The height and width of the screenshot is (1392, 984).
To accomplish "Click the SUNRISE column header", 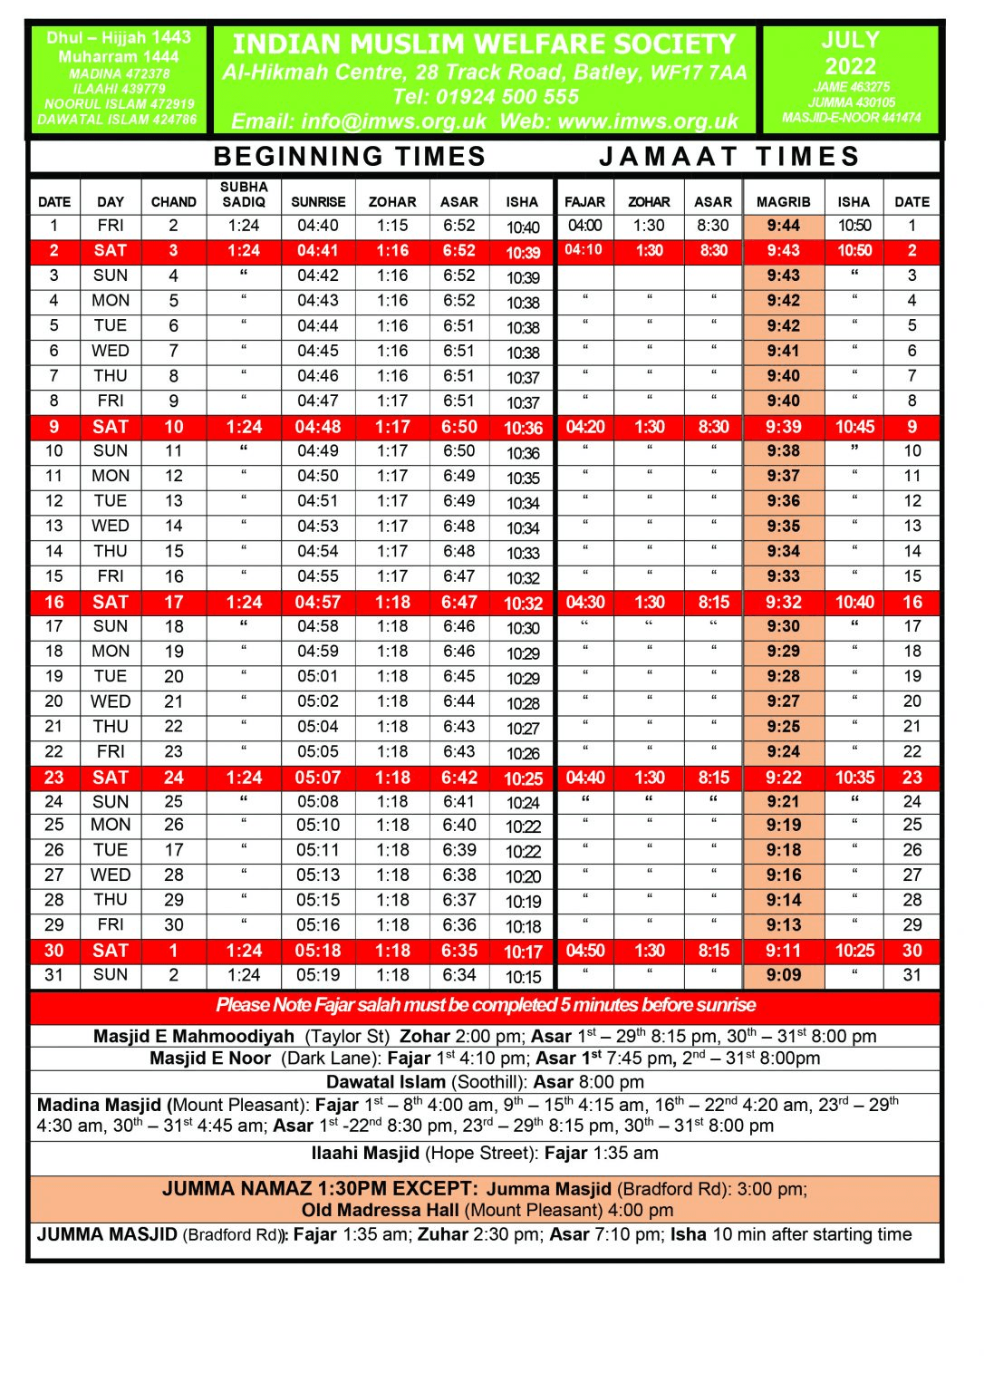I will (318, 202).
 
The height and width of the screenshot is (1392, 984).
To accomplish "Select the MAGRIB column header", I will (783, 202).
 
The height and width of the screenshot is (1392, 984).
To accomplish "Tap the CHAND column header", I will (173, 202).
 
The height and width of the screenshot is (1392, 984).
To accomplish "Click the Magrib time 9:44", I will (783, 226).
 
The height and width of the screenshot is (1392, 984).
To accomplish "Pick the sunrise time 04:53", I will (317, 526).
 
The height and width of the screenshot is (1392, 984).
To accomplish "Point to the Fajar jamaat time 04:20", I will (585, 427).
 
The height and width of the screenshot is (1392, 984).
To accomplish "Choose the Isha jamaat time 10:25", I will (854, 951).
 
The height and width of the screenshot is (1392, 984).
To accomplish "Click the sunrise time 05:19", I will (317, 975).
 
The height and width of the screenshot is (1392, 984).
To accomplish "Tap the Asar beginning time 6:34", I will (459, 975).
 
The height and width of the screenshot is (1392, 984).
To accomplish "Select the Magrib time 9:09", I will (783, 975).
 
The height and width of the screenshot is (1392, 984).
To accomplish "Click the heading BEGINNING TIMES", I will (350, 157).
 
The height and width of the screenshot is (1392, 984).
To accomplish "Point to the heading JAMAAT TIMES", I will (729, 157).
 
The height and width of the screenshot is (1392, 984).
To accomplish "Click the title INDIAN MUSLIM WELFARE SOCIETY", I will (485, 43).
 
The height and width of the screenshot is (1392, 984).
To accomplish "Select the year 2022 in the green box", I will (850, 66).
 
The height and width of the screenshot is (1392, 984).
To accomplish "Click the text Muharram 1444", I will (119, 56).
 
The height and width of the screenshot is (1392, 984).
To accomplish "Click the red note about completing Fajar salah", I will (486, 1005).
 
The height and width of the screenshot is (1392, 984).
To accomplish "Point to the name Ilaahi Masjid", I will (365, 1153).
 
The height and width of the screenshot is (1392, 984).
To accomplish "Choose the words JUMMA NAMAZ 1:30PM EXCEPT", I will (320, 1189).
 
